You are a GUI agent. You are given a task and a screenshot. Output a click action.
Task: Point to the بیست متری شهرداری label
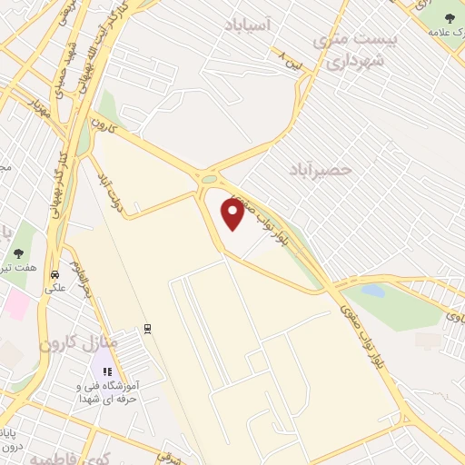(349, 49)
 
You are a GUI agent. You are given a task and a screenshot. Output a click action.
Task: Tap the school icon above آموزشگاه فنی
(107, 371)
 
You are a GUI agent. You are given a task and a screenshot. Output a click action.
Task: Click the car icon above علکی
(55, 274)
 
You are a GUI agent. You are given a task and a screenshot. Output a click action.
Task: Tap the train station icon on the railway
(147, 328)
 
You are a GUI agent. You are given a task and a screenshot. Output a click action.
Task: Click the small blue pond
(371, 292)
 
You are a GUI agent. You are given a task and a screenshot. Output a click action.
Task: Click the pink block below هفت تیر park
(16, 303)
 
